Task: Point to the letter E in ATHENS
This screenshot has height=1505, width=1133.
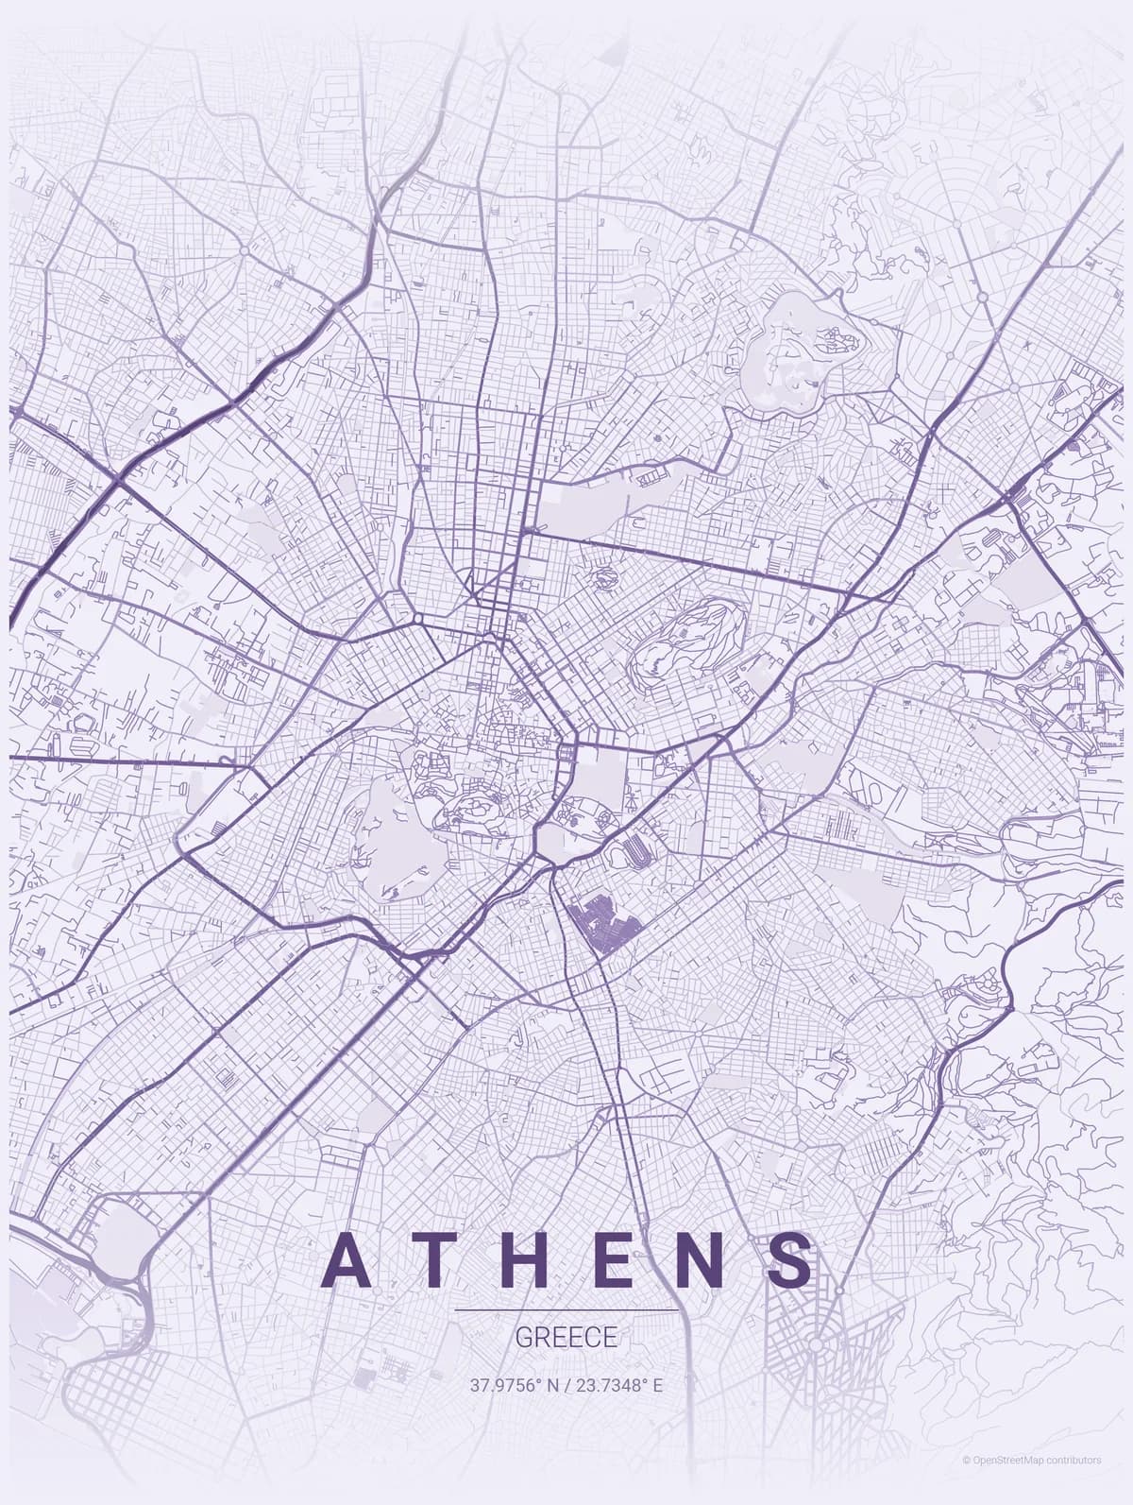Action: coord(619,1259)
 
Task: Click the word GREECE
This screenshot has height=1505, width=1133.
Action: coord(566,1338)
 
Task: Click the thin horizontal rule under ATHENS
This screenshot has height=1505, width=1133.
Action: coord(566,1310)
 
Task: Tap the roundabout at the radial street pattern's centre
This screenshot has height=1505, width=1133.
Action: coord(816,1342)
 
